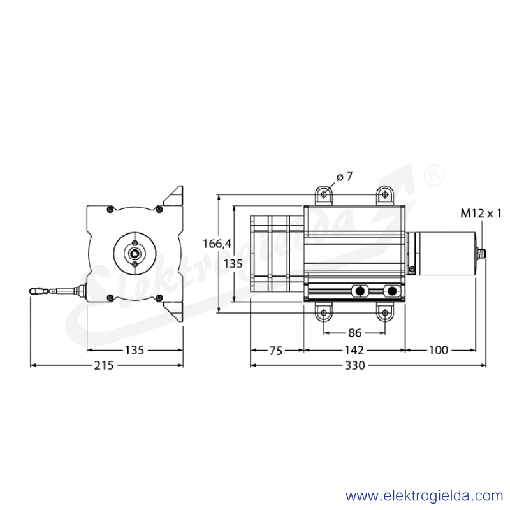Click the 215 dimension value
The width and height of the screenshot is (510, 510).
104,365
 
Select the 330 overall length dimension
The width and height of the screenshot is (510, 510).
355,365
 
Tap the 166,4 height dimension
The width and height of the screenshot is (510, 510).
217,244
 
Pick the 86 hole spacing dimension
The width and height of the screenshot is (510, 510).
354,333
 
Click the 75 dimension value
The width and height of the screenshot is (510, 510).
276,351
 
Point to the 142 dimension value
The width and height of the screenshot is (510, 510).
354,350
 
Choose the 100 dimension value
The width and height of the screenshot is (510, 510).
439,350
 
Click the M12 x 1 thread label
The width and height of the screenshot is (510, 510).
481,214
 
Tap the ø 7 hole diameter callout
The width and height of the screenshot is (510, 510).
344,177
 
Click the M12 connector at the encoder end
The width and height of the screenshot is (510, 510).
481,252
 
